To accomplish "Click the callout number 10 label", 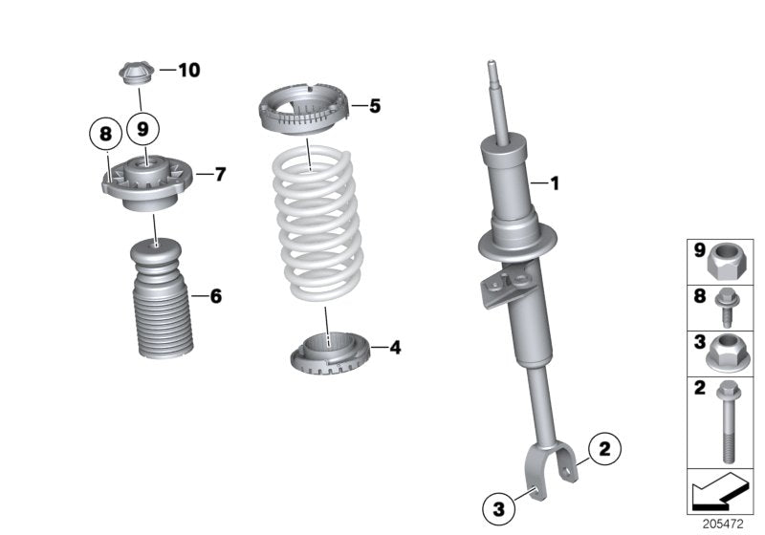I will click(188, 70).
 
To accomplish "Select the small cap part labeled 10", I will click(137, 72).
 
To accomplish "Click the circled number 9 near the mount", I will click(143, 126).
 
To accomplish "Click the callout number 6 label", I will click(215, 296).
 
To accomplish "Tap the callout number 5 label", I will click(375, 106).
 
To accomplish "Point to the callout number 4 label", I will click(395, 348).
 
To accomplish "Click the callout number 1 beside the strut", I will click(552, 182).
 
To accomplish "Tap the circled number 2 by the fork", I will click(603, 446).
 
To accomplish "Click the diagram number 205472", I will click(724, 524).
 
